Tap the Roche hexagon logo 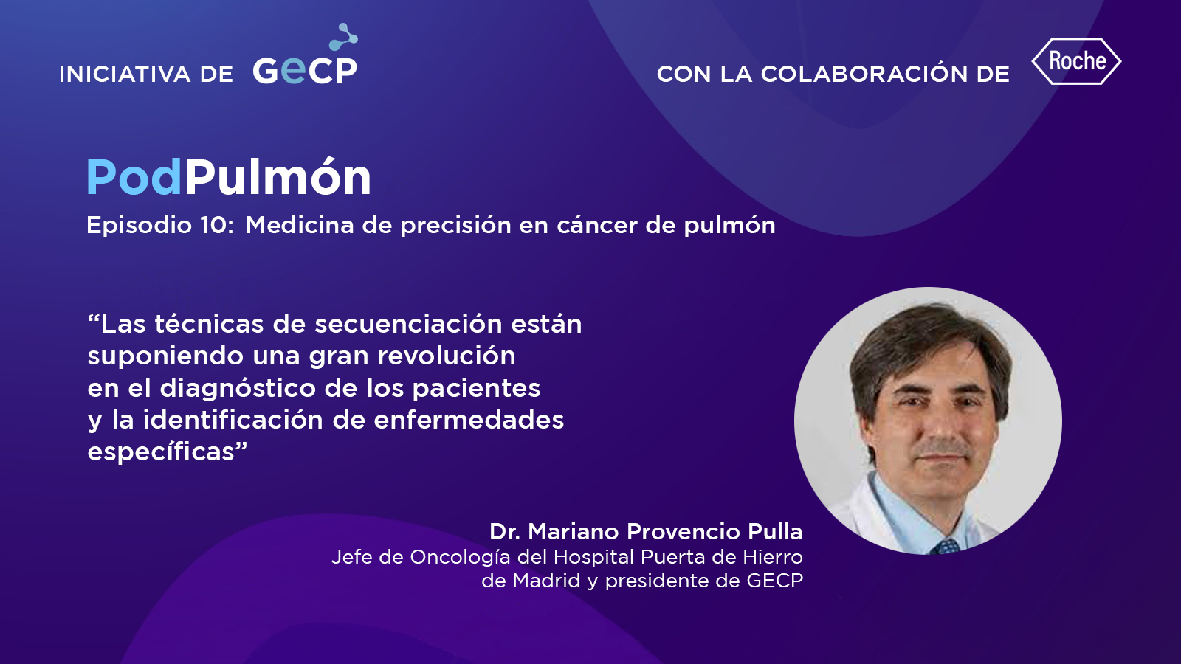pos(1077,61)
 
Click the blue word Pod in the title pos(134,178)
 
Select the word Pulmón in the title pos(278,176)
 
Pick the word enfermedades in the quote pos(469,420)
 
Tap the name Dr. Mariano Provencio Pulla pos(646,532)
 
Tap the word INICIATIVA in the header pos(125,75)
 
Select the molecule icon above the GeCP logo pos(344,37)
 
